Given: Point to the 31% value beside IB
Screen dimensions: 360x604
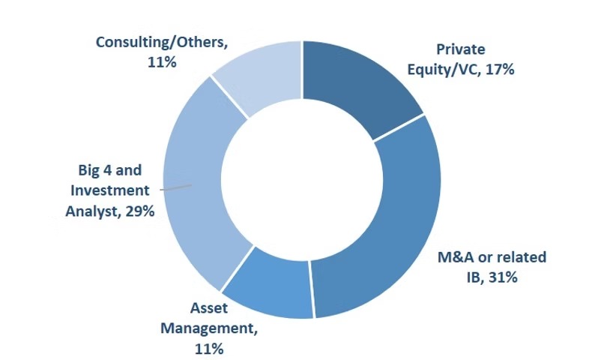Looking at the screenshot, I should click(504, 277).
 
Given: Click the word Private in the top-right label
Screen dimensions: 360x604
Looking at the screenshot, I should click(461, 50).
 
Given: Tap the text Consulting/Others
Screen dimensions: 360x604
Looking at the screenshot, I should click(161, 42).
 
